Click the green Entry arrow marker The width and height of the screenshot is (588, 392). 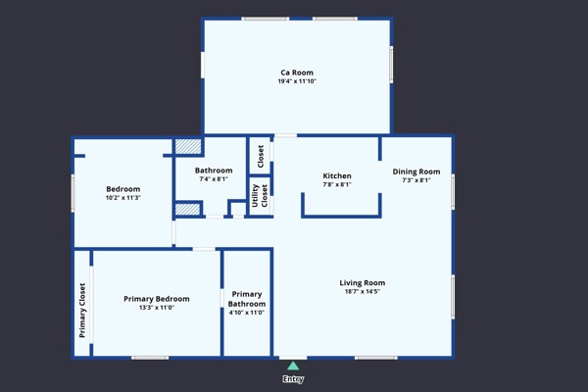293,366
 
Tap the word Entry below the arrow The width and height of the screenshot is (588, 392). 293,379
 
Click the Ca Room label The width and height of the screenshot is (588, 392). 297,73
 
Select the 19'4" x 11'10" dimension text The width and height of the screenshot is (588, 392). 297,81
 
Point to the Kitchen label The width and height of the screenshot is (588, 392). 337,175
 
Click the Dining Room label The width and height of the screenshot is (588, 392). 416,171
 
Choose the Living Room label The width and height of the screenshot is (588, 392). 363,283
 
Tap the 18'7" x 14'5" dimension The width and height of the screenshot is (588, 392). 363,291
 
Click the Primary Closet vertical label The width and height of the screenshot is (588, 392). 82,311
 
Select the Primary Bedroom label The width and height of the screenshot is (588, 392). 157,299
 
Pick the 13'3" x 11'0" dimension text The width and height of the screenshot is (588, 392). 157,308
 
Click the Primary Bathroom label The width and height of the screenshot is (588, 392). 247,299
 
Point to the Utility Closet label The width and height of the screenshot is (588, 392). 260,195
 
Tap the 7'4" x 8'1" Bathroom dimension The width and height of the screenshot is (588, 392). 214,179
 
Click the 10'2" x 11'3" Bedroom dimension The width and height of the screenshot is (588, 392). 123,198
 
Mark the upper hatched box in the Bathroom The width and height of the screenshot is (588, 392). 188,147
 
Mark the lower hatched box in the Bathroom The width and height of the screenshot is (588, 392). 187,210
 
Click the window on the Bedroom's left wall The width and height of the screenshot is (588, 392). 73,194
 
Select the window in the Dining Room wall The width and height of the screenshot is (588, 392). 453,192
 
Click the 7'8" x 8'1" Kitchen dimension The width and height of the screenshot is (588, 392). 337,184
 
